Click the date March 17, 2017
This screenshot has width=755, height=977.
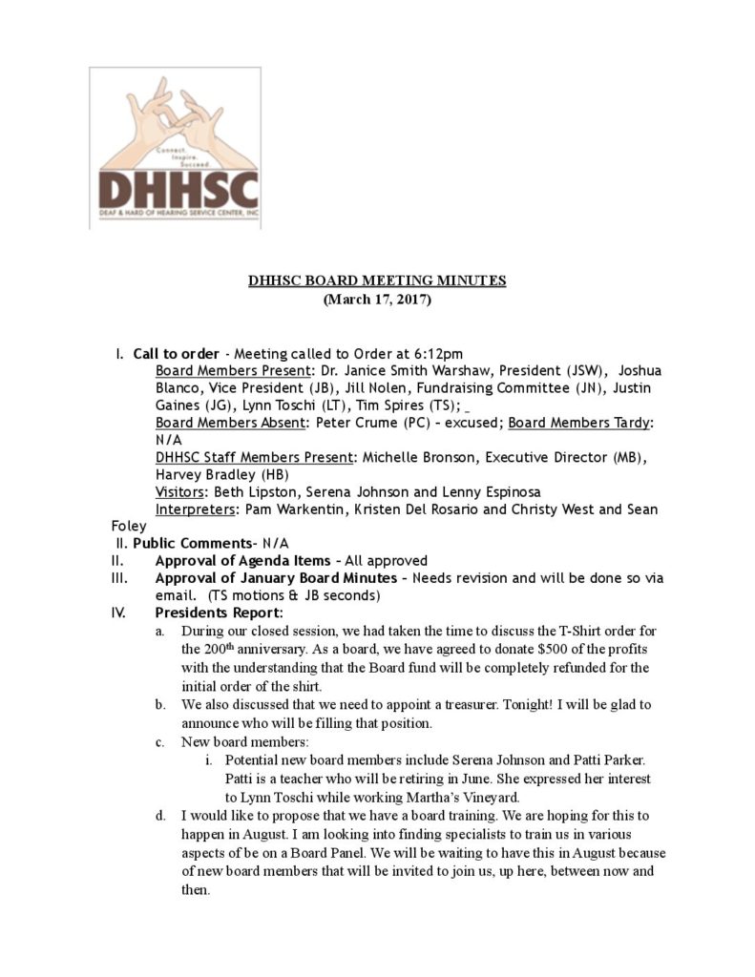pos(377,300)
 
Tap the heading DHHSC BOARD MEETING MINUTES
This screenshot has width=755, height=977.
pos(377,281)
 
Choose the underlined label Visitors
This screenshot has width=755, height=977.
pos(183,491)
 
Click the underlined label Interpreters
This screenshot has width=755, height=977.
pos(196,509)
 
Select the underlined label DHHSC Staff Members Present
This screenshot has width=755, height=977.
pos(252,457)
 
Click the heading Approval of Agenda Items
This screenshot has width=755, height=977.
pos(243,561)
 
